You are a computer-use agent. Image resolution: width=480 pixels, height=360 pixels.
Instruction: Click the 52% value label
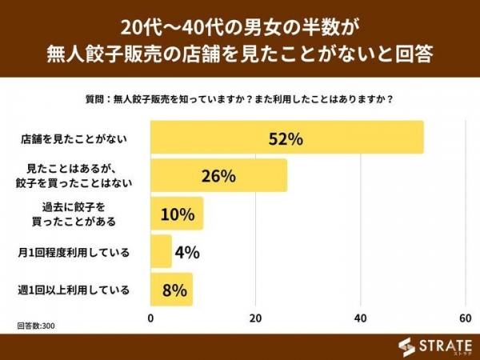[x=286, y=138]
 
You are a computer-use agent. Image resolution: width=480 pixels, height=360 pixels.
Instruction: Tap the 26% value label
[x=218, y=176]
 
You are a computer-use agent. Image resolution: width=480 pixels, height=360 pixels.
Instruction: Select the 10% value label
[x=178, y=214]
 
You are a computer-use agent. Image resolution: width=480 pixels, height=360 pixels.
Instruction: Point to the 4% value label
[x=186, y=252]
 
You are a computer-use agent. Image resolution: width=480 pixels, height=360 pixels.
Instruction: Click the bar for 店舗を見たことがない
[x=240, y=138]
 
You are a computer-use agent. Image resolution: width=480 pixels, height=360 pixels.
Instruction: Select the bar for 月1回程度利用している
[x=162, y=252]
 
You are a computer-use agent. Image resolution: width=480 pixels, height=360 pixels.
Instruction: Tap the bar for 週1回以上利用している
[x=171, y=290]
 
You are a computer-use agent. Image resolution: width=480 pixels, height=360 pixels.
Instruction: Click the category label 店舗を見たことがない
[x=73, y=138]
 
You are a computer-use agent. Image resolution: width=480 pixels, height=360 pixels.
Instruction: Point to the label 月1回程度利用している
[x=73, y=252]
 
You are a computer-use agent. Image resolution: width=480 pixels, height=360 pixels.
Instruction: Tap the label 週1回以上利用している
[x=73, y=290]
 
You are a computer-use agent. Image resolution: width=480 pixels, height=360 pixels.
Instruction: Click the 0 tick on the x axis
[x=151, y=318]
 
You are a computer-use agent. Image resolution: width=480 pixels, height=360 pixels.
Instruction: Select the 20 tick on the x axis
[x=256, y=318]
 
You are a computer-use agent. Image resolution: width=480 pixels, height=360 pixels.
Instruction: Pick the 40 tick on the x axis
[x=361, y=318]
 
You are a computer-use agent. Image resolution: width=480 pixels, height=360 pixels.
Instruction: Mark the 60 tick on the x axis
[x=465, y=318]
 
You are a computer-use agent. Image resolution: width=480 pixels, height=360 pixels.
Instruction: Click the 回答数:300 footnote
[x=37, y=326]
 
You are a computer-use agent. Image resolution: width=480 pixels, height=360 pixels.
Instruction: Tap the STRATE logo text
[x=445, y=345]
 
